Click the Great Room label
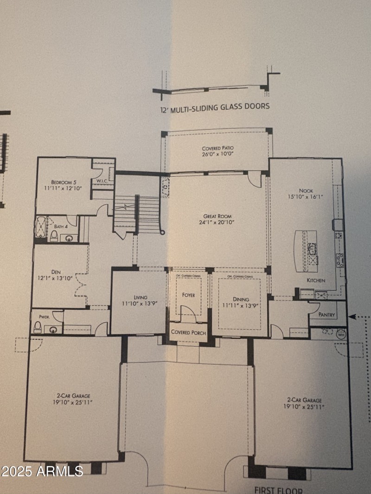[217, 216]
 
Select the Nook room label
[306, 190]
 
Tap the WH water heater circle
[341, 333]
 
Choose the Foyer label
[188, 295]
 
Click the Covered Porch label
[188, 332]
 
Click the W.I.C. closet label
[102, 180]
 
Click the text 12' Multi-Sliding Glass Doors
[213, 106]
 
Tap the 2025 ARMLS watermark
[42, 471]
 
